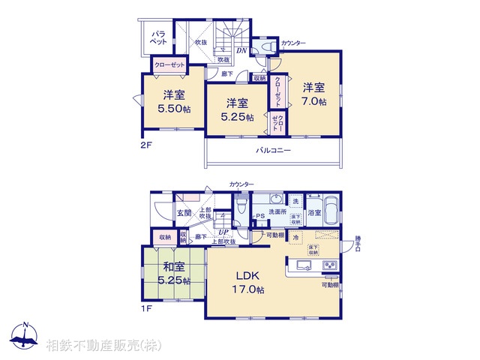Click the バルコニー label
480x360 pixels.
coord(273,150)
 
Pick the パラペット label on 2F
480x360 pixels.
coord(159,38)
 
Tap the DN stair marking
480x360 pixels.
coord(241,50)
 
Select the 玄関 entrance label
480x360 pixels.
coord(184,213)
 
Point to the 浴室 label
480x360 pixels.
coord(316,213)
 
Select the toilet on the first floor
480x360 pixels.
coord(241,204)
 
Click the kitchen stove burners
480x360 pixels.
coord(330,267)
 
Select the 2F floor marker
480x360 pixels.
coord(146,145)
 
